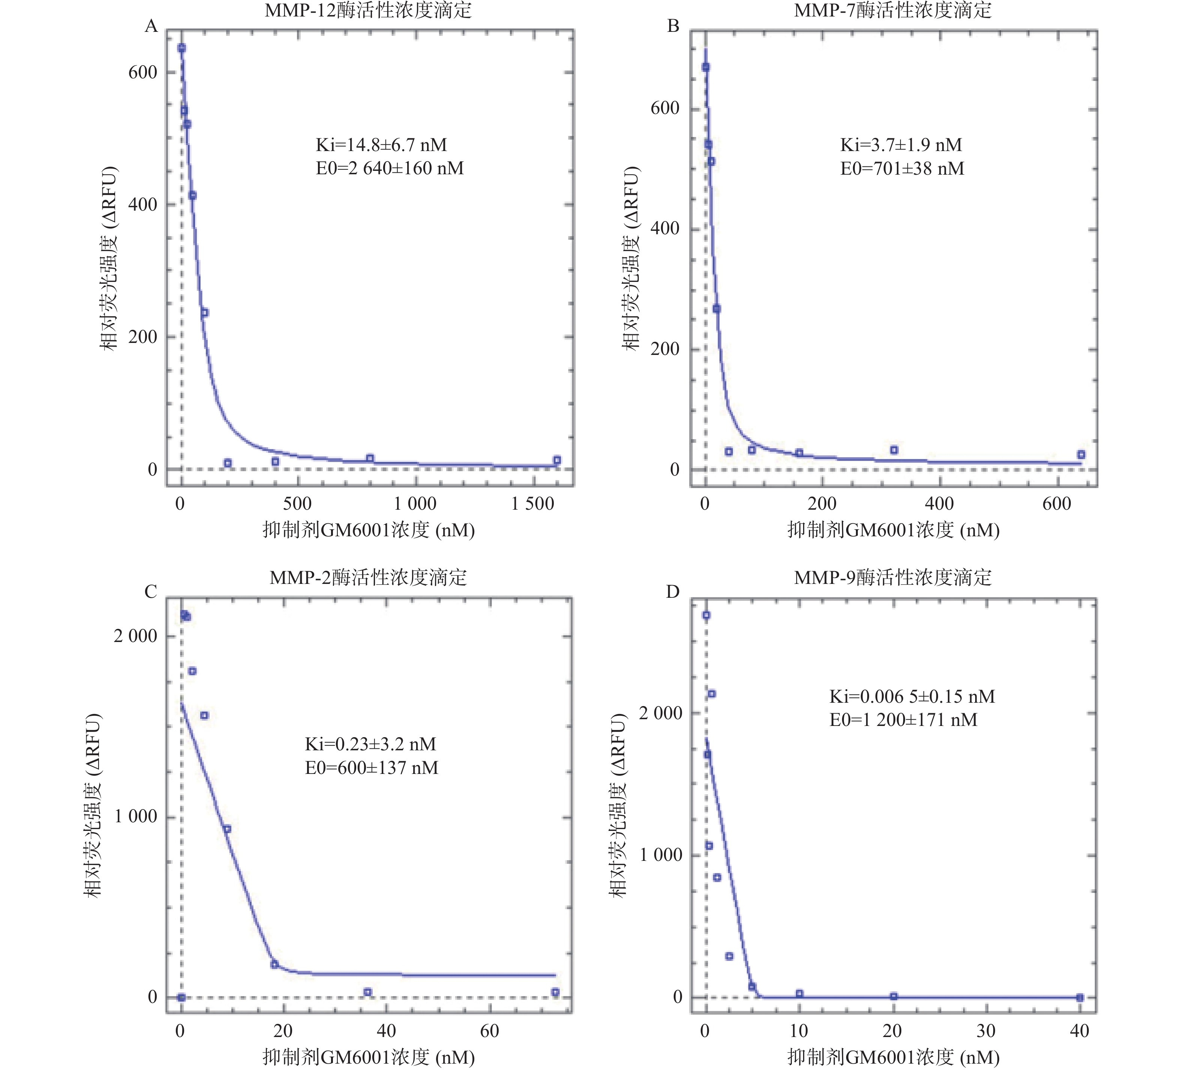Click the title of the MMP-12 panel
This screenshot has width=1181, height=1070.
368,10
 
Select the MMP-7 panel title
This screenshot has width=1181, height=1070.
893,10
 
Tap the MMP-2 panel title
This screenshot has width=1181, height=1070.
368,578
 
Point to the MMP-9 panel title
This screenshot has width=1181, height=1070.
893,578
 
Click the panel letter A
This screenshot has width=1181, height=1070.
151,26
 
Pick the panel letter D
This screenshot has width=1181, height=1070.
673,592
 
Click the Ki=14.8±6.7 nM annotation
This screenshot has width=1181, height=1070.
381,145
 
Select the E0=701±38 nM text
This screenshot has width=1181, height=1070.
902,169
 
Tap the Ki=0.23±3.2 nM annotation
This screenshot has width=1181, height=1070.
370,744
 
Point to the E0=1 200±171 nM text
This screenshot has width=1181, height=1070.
903,720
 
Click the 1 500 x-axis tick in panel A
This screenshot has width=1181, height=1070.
532,504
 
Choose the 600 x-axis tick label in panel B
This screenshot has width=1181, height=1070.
1057,504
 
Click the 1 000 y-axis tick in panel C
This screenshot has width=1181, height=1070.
135,816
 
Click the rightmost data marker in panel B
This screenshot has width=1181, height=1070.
1081,455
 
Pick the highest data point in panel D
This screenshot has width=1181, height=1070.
706,615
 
